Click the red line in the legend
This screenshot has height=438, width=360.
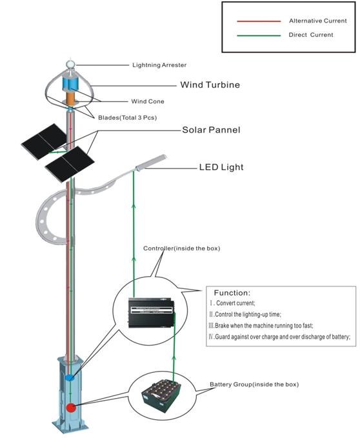259,21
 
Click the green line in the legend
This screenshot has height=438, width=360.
259,35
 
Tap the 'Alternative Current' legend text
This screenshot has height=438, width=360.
318,21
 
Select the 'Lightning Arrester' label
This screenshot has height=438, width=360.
159,65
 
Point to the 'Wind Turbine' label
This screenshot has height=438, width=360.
210,85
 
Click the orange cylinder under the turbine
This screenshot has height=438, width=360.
71,99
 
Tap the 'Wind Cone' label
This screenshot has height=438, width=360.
148,101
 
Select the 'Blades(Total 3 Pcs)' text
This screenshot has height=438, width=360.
127,117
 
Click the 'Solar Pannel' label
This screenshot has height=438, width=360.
211,130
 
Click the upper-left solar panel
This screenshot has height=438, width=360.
44,141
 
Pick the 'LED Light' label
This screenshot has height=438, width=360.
221,167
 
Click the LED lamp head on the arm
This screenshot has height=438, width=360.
150,163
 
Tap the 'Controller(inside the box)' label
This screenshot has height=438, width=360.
181,248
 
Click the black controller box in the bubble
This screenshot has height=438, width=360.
152,313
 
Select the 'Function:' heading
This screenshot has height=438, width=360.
232,293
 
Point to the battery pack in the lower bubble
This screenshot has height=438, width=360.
161,395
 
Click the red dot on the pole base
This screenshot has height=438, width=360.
71,408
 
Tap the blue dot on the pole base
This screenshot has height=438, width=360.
70,377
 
